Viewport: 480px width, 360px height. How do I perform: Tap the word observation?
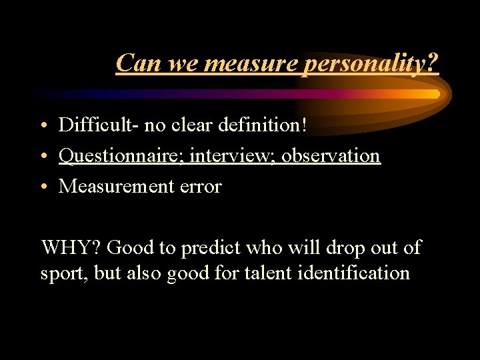point(331,156)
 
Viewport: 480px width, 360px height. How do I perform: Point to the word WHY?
point(70,248)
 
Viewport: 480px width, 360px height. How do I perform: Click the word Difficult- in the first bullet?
point(95,125)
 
